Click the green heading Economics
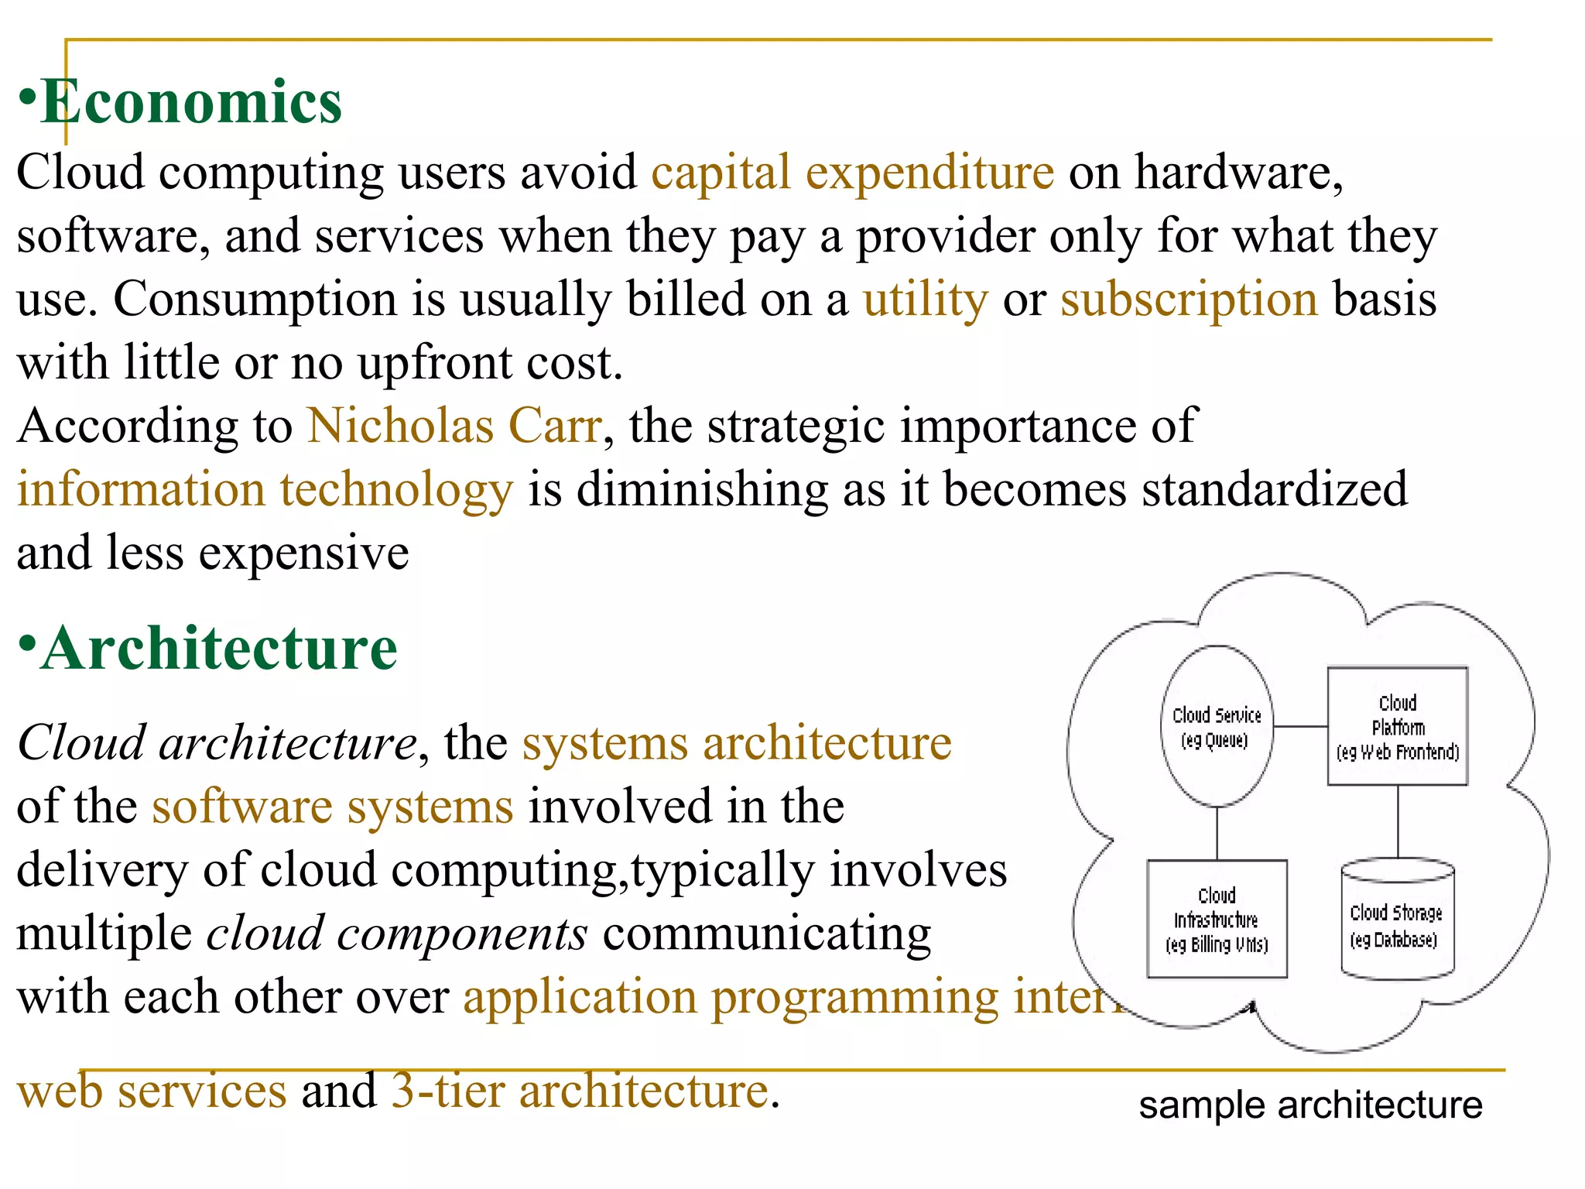pos(190,102)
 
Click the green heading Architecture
pos(219,649)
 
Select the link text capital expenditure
pos(852,172)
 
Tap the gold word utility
pos(925,300)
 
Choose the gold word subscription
pos(1188,300)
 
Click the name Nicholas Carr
pos(454,427)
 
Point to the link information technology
pos(265,490)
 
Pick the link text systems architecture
pos(736,744)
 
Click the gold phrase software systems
pos(332,807)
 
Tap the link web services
pos(152,1091)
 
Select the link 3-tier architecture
pos(580,1091)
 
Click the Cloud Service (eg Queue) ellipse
pos(1217,726)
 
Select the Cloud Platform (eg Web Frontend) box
pos(1397,726)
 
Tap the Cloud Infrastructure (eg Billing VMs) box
pos(1217,919)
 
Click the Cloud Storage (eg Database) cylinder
pos(1397,925)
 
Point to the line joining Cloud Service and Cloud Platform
pos(1300,726)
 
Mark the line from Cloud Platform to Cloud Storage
pos(1398,821)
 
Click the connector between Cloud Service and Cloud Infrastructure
pos(1217,833)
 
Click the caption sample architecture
pos(1310,1105)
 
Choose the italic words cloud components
pos(396,934)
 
